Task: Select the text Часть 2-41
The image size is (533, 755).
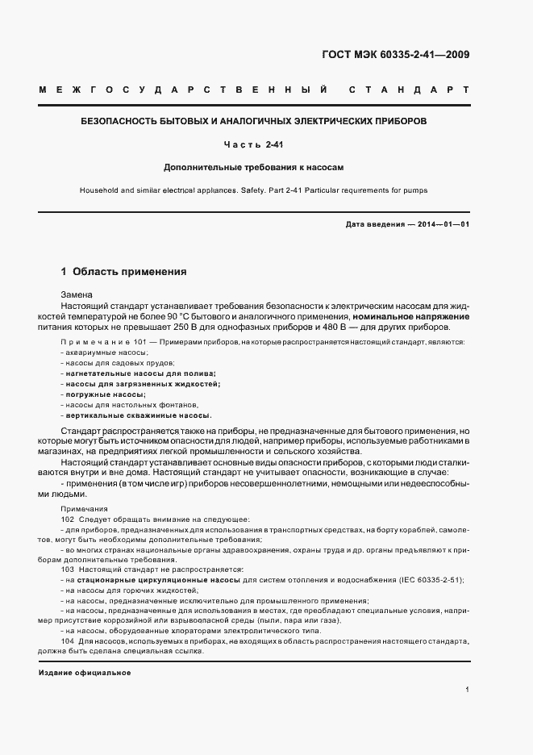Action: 253,145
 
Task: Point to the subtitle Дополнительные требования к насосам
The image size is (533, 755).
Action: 253,168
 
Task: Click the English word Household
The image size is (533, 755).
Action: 102,191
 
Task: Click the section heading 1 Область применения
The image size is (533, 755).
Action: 123,272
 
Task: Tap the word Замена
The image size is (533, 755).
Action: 77,295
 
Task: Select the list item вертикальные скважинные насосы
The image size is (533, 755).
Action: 138,415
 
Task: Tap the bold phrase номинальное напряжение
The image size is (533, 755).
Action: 411,317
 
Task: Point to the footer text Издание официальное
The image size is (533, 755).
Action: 85,672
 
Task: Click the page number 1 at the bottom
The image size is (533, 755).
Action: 467,690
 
